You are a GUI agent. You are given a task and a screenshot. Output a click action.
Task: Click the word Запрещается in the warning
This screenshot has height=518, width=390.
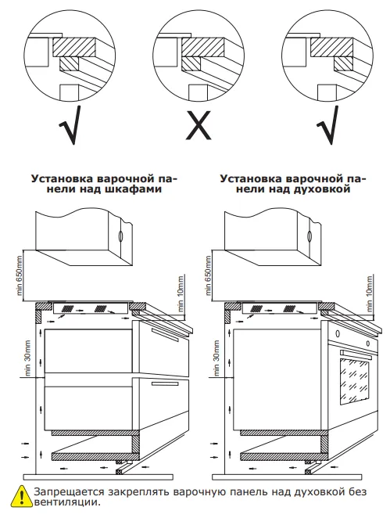coord(63,491)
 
